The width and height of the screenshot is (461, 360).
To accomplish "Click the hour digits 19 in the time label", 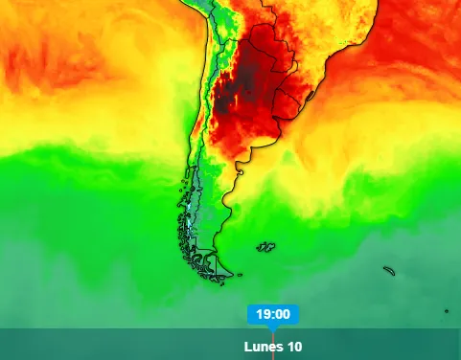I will pyautogui.click(x=264, y=314).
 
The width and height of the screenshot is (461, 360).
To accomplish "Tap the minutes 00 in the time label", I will pyautogui.click(x=282, y=314).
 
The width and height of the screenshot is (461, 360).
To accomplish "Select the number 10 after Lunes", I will pyautogui.click(x=294, y=347).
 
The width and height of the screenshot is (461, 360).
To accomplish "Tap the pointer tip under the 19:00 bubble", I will pyautogui.click(x=273, y=327).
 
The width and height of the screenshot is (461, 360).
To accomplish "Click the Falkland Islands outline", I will pyautogui.click(x=265, y=247).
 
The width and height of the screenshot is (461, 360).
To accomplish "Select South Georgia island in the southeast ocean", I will pyautogui.click(x=390, y=271).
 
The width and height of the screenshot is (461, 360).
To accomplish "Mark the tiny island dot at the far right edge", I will pyautogui.click(x=447, y=310).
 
